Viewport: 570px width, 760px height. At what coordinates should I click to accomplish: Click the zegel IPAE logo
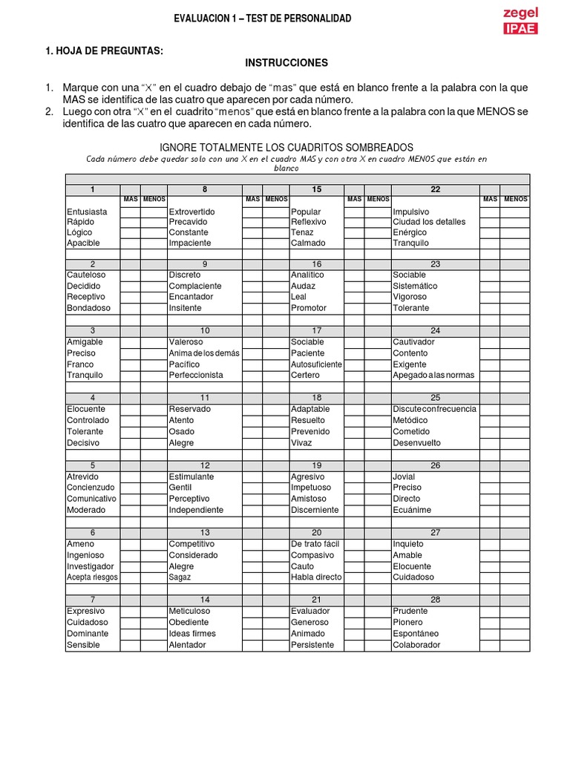pyautogui.click(x=520, y=21)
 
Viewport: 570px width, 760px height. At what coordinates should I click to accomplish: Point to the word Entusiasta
pyautogui.click(x=87, y=212)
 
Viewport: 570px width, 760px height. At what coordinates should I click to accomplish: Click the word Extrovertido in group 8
pyautogui.click(x=191, y=212)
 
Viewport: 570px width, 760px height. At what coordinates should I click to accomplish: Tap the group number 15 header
pyautogui.click(x=317, y=189)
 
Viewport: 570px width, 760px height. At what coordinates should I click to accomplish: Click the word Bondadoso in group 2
pyautogui.click(x=88, y=307)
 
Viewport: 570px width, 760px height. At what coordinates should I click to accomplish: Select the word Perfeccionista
pyautogui.click(x=196, y=375)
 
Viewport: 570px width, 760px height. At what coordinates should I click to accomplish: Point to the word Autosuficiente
pyautogui.click(x=317, y=364)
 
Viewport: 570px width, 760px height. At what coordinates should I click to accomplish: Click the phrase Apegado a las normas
pyautogui.click(x=433, y=375)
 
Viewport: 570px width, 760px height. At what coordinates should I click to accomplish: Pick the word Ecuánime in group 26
pyautogui.click(x=412, y=510)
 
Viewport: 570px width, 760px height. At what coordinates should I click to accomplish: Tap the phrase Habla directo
pyautogui.click(x=316, y=577)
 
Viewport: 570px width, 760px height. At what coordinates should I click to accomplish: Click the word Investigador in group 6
pyautogui.click(x=90, y=566)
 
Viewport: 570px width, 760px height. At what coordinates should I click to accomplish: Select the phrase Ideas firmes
pyautogui.click(x=192, y=633)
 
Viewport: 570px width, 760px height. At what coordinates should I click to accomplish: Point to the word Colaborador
pyautogui.click(x=416, y=644)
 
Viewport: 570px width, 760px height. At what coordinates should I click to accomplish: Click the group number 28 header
pyautogui.click(x=436, y=600)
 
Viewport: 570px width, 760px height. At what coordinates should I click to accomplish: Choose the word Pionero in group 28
pyautogui.click(x=407, y=622)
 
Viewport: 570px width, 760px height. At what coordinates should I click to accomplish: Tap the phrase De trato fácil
pyautogui.click(x=315, y=544)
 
